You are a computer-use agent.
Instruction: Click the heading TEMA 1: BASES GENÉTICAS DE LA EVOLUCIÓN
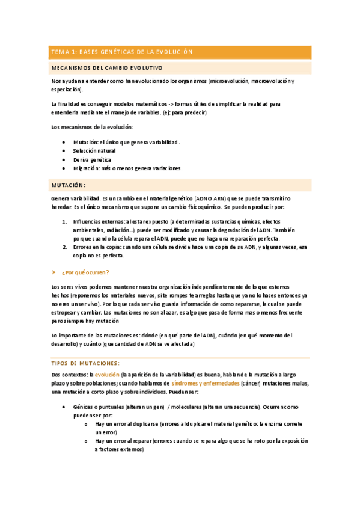pyautogui.click(x=122, y=52)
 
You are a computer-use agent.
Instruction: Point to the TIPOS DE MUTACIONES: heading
pyautogui.click(x=86, y=363)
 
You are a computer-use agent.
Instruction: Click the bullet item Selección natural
pyautogui.click(x=94, y=151)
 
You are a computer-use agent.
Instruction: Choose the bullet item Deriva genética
pyautogui.click(x=92, y=159)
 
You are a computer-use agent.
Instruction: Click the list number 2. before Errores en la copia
pyautogui.click(x=64, y=247)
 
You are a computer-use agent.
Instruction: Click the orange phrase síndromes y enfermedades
pyautogui.click(x=206, y=384)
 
